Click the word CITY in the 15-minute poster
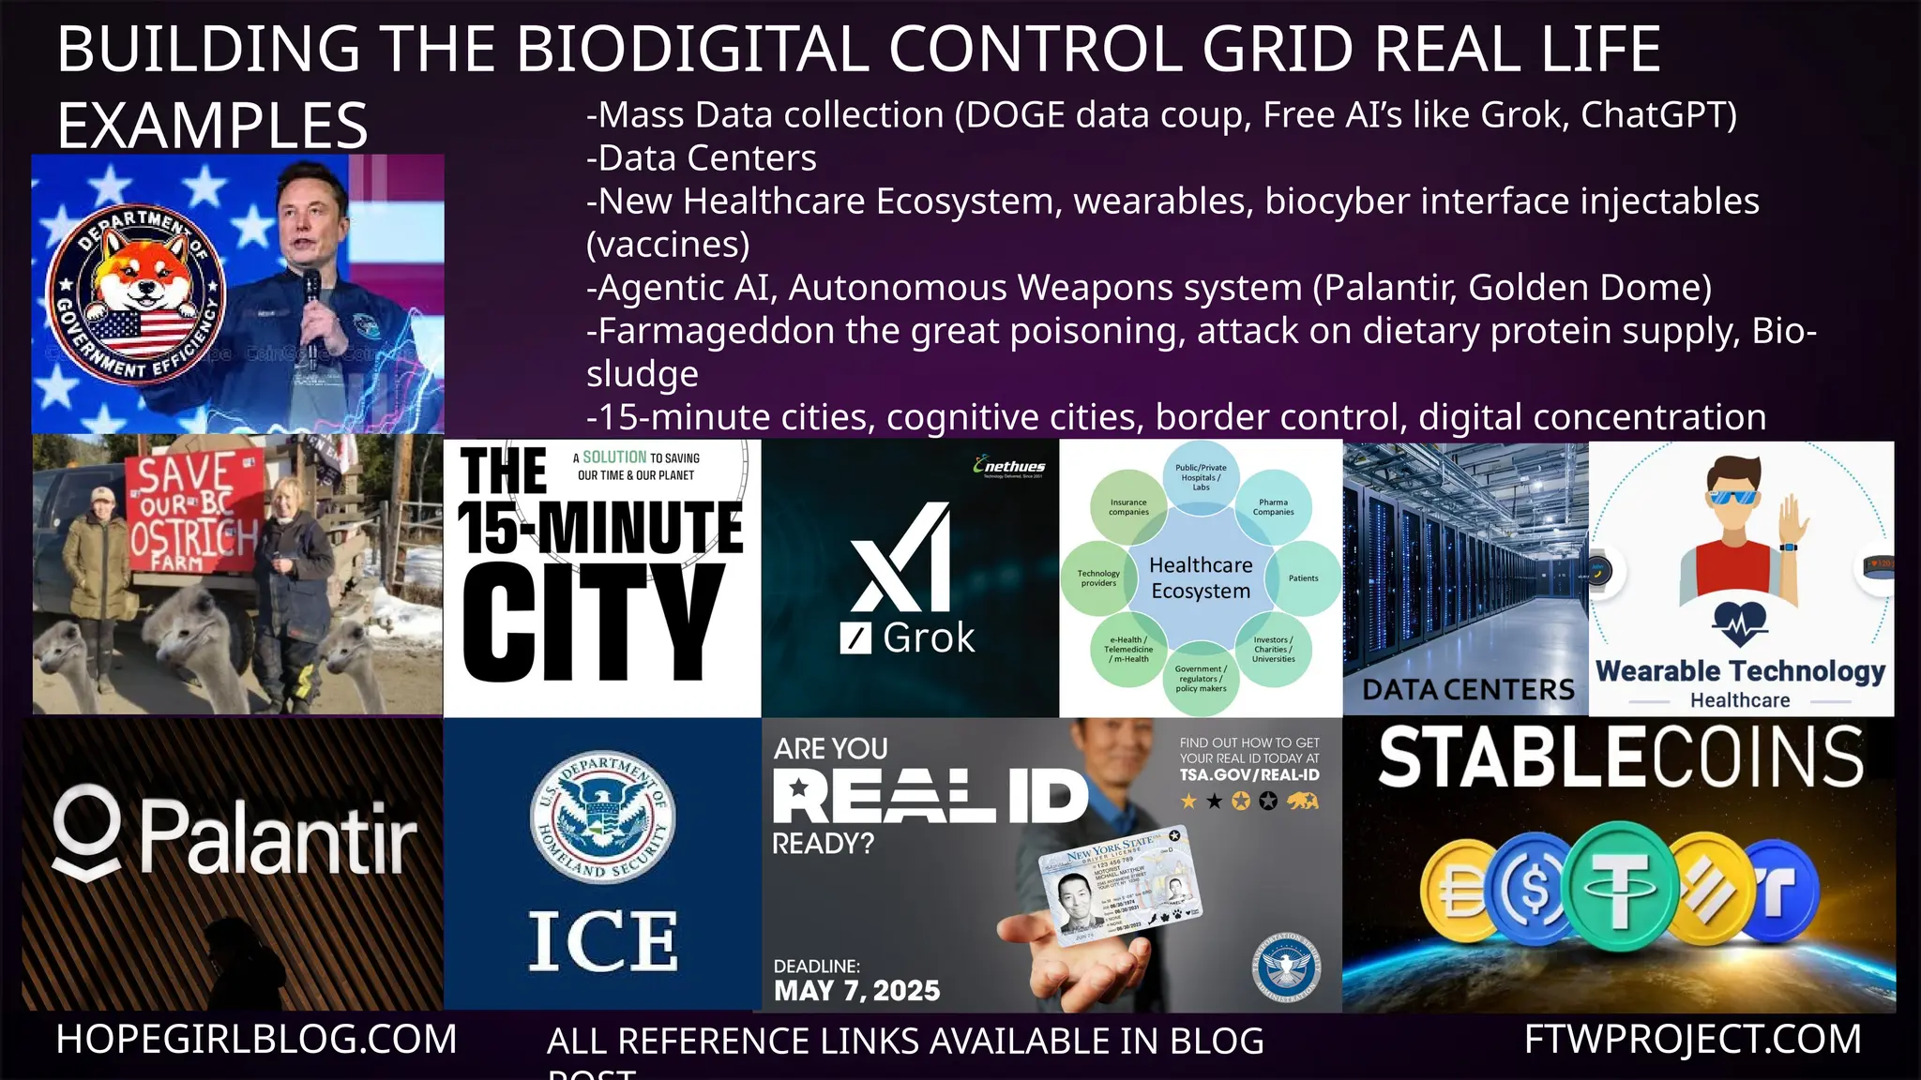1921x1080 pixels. click(x=593, y=623)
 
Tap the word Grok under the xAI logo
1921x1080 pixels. click(x=928, y=638)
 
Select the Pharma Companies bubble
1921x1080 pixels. click(x=1273, y=507)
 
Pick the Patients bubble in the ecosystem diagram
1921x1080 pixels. click(x=1303, y=578)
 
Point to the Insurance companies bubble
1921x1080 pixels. click(x=1128, y=507)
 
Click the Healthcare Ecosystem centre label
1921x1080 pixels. click(x=1201, y=577)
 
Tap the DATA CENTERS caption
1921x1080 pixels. click(x=1468, y=690)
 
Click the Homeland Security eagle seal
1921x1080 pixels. click(x=602, y=817)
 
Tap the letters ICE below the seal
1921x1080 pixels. click(x=602, y=941)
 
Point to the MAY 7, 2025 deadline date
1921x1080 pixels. click(x=856, y=991)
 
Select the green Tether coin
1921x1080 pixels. click(x=1622, y=886)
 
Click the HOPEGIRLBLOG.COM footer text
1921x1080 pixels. click(x=256, y=1040)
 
